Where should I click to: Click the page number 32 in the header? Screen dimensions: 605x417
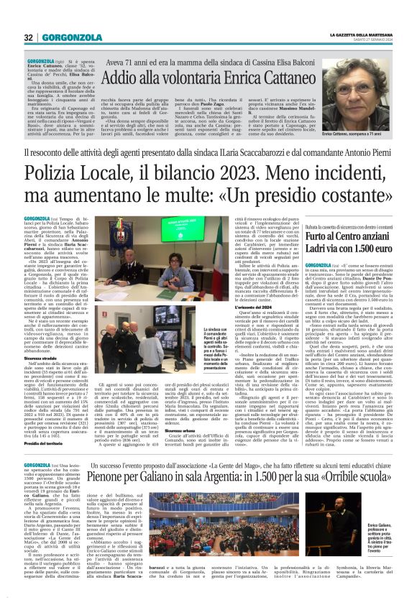[x=29, y=38]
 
